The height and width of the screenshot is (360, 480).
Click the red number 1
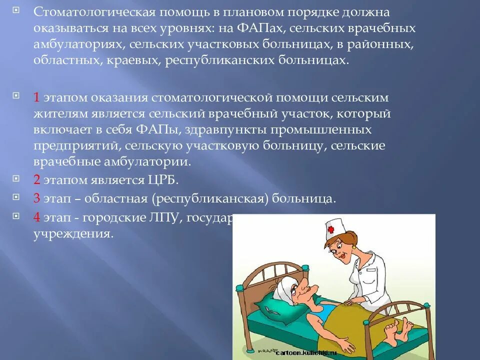pyautogui.click(x=36, y=97)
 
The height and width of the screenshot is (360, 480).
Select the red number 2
pyautogui.click(x=36, y=179)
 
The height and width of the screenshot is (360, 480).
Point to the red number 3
pyautogui.click(x=36, y=198)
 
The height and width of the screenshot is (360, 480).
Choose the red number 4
pyautogui.click(x=36, y=217)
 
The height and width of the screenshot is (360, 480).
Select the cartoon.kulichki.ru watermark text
pyautogui.click(x=305, y=353)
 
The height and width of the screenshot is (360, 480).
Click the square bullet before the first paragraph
pyautogui.click(x=15, y=10)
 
